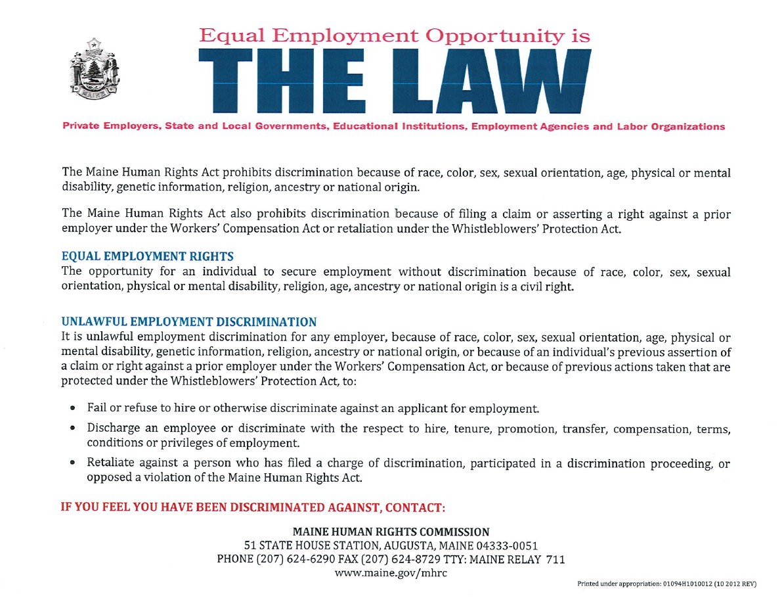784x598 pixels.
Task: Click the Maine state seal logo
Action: [x=95, y=72]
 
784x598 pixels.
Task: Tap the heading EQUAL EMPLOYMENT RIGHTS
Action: [x=147, y=256]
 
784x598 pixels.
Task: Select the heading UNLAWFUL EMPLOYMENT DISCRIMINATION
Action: [x=188, y=322]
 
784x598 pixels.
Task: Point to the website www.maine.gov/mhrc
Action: [x=391, y=573]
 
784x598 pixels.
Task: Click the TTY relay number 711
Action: [x=555, y=559]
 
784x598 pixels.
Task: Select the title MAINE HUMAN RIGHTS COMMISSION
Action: [x=391, y=532]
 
